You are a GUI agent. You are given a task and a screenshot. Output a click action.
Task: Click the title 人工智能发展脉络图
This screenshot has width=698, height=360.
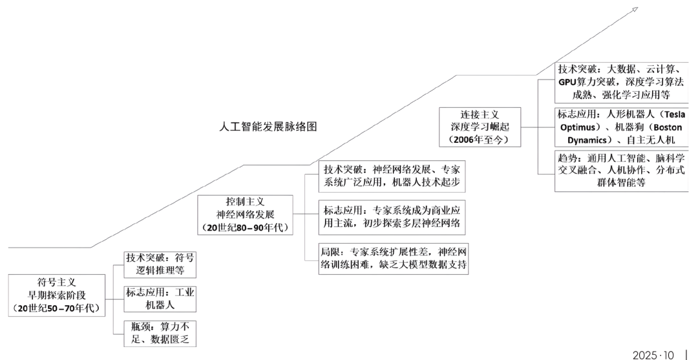pos(268,127)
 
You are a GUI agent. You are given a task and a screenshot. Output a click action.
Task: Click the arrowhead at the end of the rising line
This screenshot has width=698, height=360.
pos(635,9)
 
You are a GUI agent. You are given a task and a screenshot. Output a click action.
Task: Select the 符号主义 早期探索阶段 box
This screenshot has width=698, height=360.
pos(57,295)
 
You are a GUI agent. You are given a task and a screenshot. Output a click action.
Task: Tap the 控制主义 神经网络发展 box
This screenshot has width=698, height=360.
pos(245,213)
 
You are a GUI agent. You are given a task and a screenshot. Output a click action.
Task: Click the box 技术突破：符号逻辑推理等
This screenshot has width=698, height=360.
pos(160,263)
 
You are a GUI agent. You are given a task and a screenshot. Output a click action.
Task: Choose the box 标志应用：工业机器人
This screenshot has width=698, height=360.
pos(160,299)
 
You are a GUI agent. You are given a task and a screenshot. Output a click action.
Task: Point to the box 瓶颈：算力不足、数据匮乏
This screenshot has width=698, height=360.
pos(160,332)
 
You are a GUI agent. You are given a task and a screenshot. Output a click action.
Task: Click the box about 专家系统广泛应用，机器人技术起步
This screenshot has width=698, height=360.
pos(392,176)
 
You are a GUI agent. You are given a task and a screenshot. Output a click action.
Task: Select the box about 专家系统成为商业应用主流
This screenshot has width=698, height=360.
pos(392,217)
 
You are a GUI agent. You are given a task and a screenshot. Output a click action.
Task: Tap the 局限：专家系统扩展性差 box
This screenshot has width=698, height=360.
pos(392,258)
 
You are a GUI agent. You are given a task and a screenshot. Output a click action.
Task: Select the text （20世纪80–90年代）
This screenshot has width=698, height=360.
pos(245,227)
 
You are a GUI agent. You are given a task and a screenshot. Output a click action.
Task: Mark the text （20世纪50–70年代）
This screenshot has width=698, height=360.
pos(57,308)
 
